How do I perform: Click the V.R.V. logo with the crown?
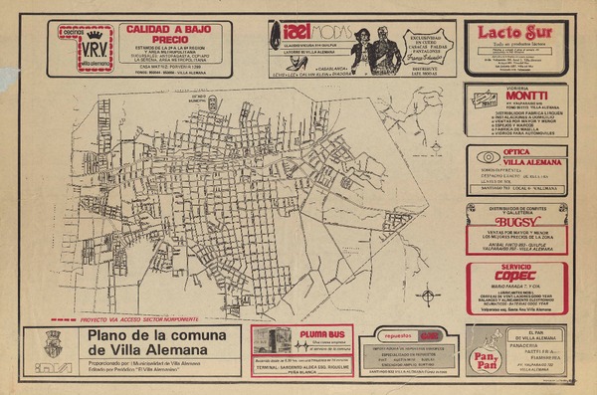click(95, 49)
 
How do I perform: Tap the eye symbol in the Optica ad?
click(487, 157)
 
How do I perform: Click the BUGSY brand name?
click(517, 222)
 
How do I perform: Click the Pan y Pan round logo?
click(487, 355)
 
